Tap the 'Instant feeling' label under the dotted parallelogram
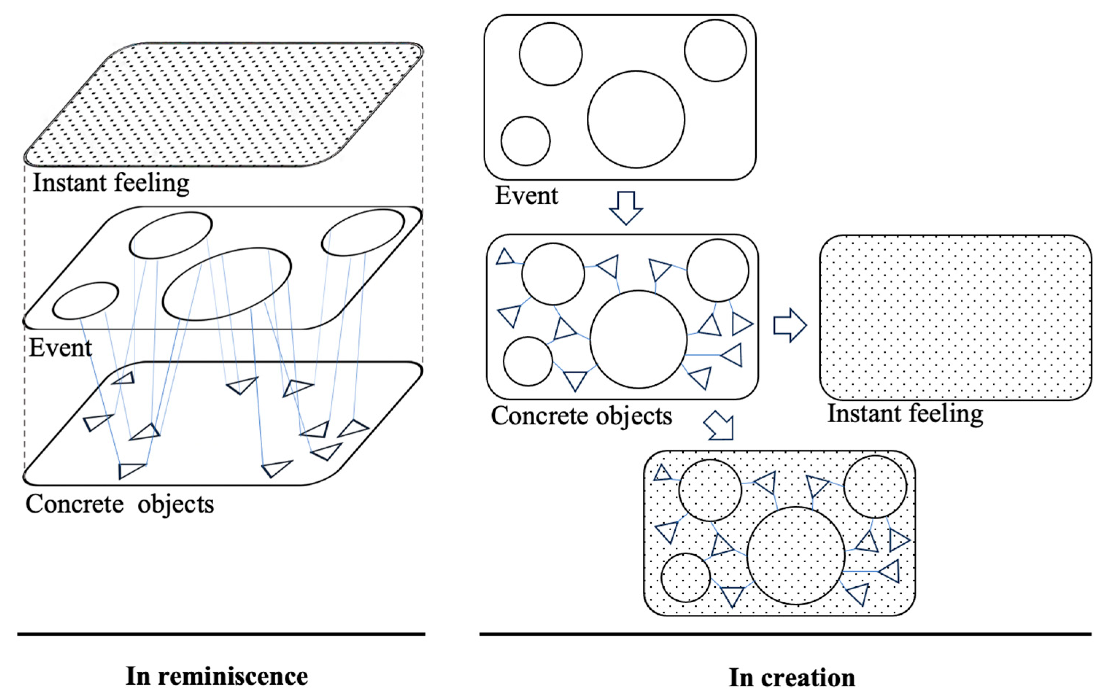[x=111, y=183]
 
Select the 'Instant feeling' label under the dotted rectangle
[x=905, y=414]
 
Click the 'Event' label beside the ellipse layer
[x=60, y=348]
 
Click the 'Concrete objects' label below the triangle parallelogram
[x=120, y=504]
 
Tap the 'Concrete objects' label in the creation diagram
[x=581, y=416]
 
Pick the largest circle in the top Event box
[x=636, y=120]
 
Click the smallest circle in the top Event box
[x=525, y=140]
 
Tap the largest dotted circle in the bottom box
[x=796, y=555]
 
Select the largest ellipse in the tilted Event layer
[x=227, y=284]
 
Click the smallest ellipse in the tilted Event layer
[x=85, y=300]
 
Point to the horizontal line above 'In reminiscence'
[x=221, y=634]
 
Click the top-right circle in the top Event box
[x=715, y=51]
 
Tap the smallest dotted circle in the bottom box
[x=686, y=578]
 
